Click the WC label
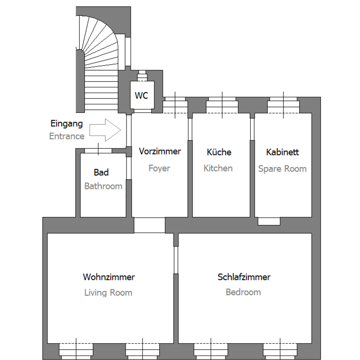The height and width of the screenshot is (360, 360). click(141, 95)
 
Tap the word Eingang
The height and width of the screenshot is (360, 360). click(67, 124)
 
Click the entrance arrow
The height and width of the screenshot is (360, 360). click(105, 130)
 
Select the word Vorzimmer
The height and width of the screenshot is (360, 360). click(160, 151)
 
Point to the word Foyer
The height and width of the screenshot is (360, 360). click(159, 168)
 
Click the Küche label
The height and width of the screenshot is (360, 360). click(219, 152)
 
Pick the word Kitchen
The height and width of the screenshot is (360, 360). click(218, 168)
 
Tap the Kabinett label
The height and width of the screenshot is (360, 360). click(283, 152)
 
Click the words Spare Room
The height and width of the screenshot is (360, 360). click(283, 169)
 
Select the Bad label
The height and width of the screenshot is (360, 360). click(101, 172)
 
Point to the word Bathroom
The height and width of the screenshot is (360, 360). click(103, 186)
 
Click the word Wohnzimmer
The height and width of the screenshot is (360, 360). click(109, 277)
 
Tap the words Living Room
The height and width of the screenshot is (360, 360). click(108, 293)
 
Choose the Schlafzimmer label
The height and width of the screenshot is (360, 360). click(244, 277)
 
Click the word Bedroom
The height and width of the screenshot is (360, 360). click(243, 292)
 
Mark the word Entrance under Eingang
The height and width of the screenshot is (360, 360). click(67, 136)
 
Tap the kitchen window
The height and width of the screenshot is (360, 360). click(222, 105)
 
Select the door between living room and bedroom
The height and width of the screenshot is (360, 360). click(176, 260)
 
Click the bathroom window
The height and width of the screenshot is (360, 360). click(98, 151)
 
